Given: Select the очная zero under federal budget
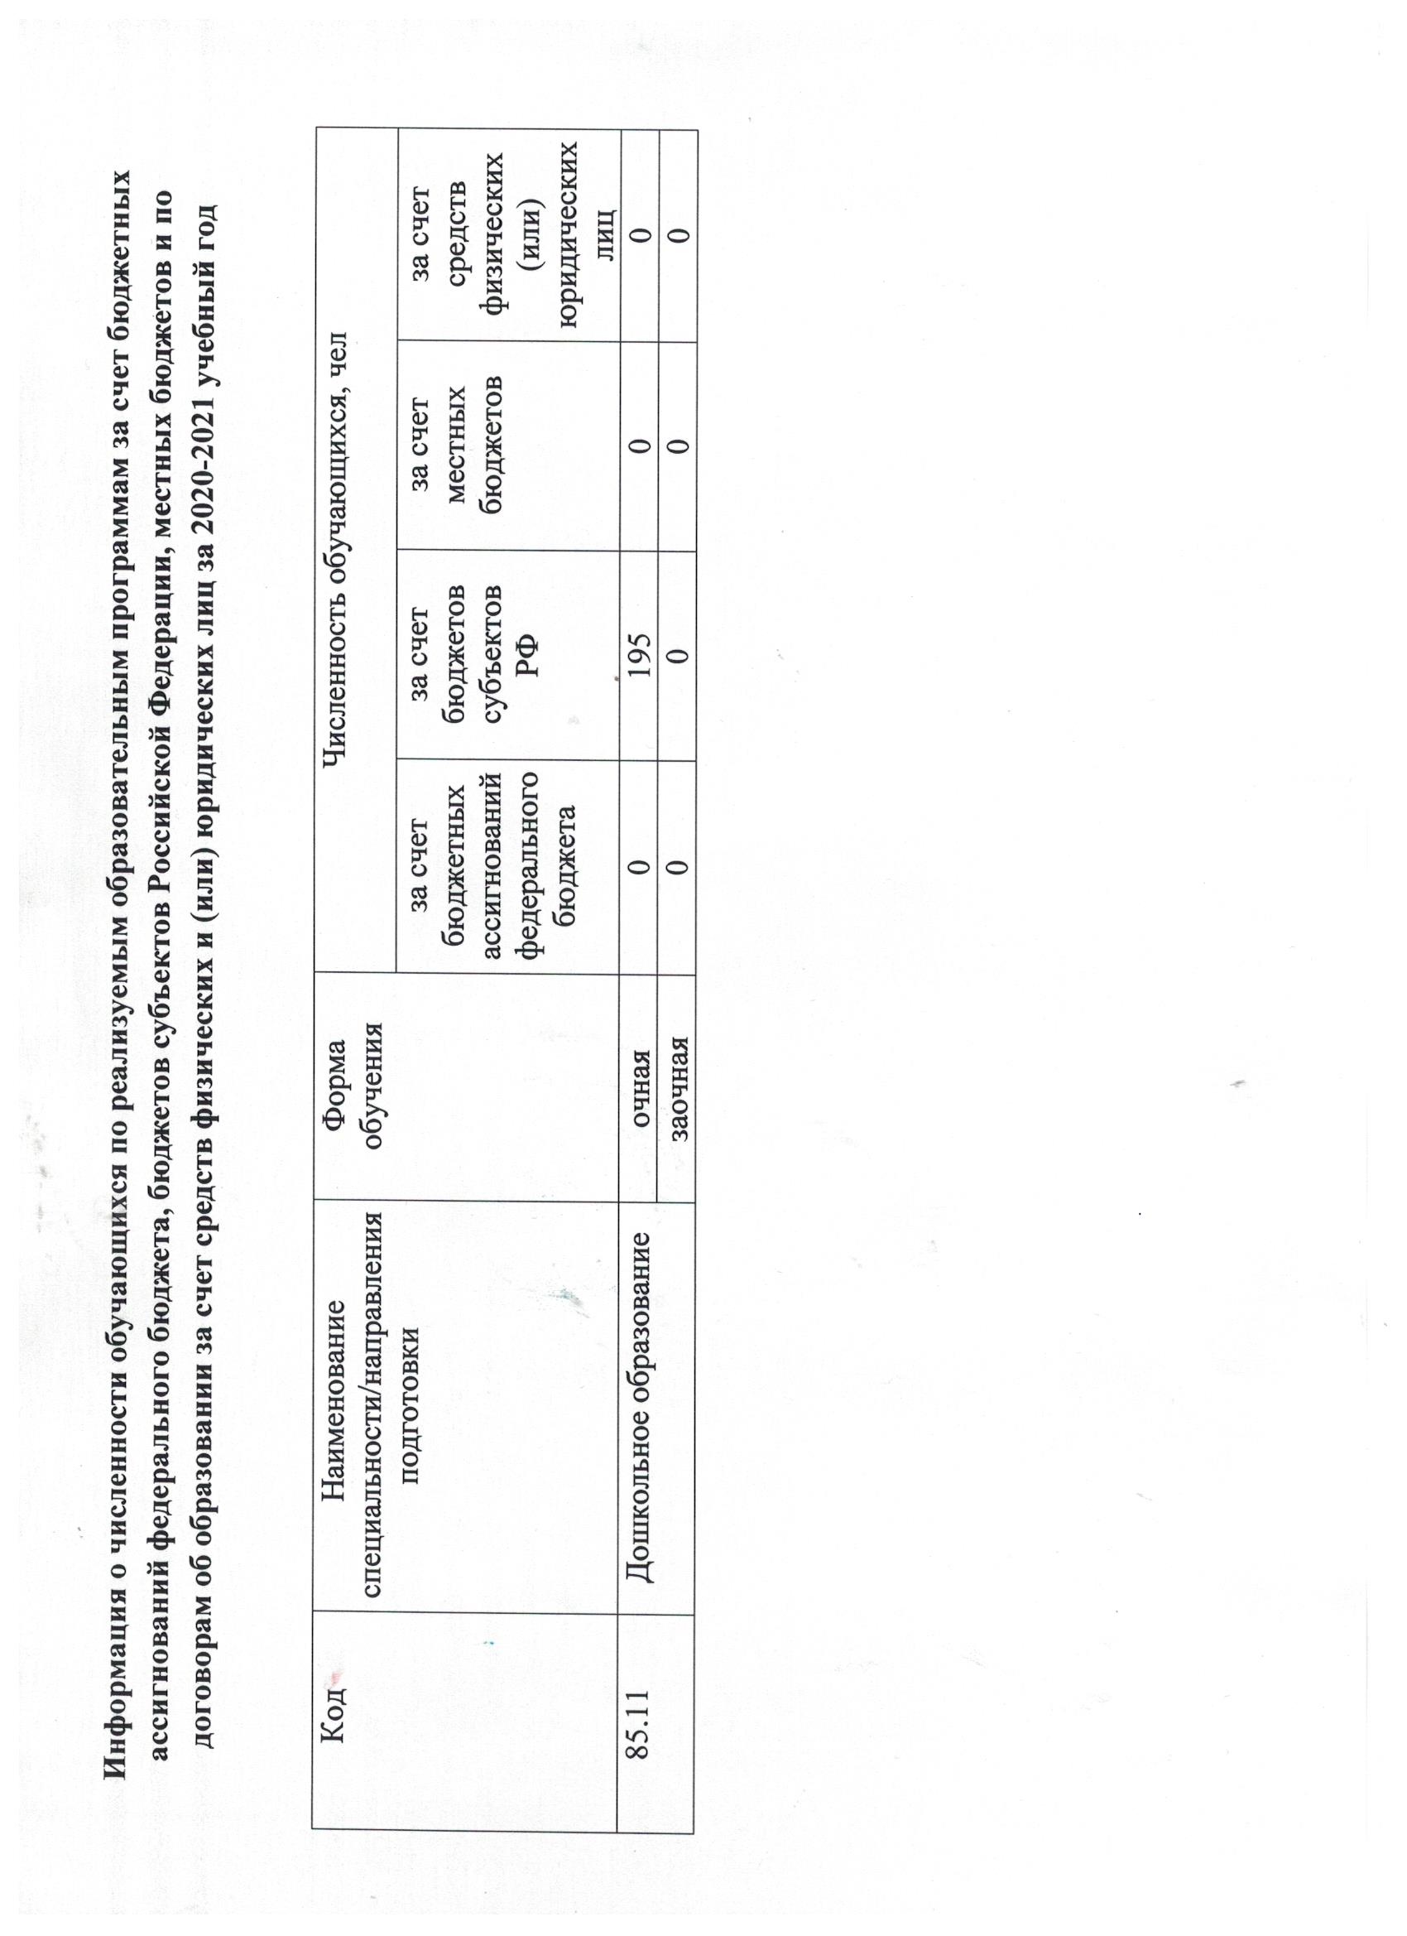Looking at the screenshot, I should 639,866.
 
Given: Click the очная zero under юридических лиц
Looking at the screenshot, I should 639,234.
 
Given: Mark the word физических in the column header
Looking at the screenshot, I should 500,234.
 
